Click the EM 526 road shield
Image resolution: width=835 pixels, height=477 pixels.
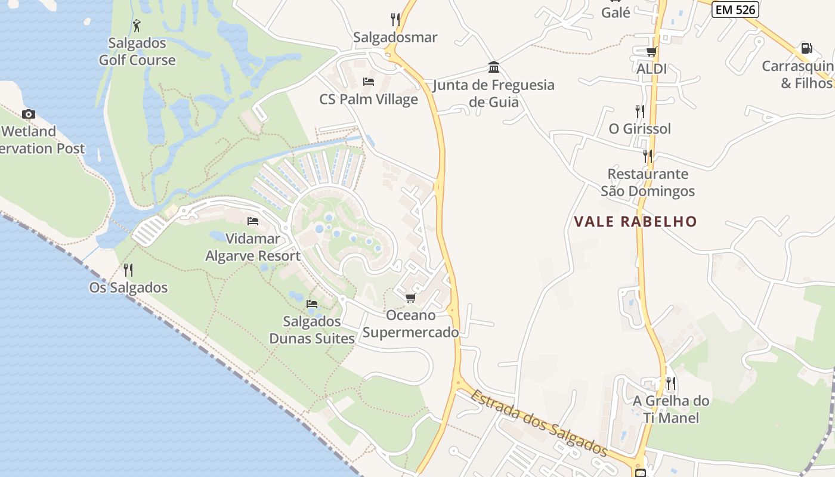pyautogui.click(x=735, y=10)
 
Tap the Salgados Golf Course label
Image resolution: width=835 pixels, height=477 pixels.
pyautogui.click(x=137, y=52)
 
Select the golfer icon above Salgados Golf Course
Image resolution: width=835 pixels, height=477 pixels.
pyautogui.click(x=137, y=26)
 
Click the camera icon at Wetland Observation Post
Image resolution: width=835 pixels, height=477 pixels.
pyautogui.click(x=28, y=114)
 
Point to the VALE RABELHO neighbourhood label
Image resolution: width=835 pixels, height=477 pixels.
pyautogui.click(x=635, y=222)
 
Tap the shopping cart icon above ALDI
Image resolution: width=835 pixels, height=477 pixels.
pyautogui.click(x=651, y=52)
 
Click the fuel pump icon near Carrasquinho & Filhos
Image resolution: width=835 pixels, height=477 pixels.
pyautogui.click(x=806, y=48)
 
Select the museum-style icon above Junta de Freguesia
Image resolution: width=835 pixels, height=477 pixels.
pyautogui.click(x=494, y=67)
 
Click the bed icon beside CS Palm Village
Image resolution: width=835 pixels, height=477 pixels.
pyautogui.click(x=369, y=82)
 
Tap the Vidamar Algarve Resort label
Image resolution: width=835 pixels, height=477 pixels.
pyautogui.click(x=253, y=247)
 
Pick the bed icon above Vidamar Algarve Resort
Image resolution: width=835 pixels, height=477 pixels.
pyautogui.click(x=253, y=221)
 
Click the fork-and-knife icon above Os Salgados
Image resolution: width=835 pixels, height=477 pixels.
pyautogui.click(x=128, y=270)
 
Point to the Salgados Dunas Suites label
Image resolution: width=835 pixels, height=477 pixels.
pyautogui.click(x=312, y=330)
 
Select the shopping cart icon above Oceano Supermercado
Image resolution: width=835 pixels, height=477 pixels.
pyautogui.click(x=410, y=298)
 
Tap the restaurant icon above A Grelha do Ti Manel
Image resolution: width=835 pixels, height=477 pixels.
pyautogui.click(x=671, y=383)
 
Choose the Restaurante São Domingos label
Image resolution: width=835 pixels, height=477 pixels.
pyautogui.click(x=648, y=182)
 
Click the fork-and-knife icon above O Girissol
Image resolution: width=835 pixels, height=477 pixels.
pyautogui.click(x=639, y=111)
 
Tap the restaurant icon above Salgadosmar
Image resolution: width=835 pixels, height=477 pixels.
pyautogui.click(x=395, y=20)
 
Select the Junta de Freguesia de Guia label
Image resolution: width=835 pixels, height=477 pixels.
pyautogui.click(x=494, y=94)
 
